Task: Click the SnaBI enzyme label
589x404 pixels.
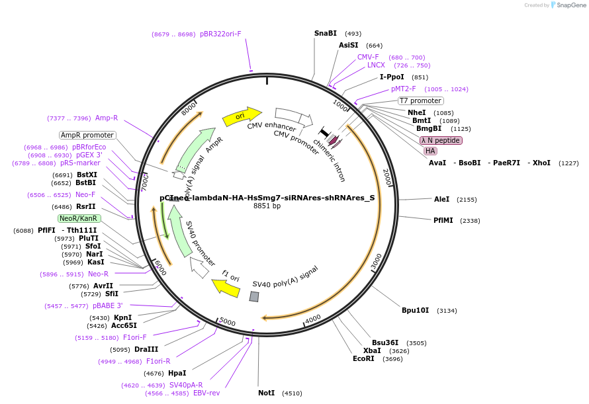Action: coord(325,33)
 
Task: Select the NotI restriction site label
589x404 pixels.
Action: coord(266,393)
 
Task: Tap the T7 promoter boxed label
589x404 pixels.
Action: coord(420,101)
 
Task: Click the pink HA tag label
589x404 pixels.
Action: coord(430,151)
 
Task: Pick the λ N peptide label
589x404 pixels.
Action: coord(441,140)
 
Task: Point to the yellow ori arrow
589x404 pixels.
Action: coord(243,116)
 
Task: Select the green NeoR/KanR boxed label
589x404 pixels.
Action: coord(79,218)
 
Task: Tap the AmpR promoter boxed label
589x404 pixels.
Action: coord(87,135)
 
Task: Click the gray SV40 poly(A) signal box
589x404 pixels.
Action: coord(254,297)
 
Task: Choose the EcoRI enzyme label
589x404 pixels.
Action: coord(363,358)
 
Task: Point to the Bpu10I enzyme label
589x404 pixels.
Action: coord(415,310)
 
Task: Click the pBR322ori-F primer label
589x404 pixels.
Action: coord(220,34)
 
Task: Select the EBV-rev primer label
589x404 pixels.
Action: coord(206,393)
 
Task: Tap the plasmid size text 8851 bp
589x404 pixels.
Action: coord(267,206)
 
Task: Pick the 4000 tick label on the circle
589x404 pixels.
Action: coord(312,317)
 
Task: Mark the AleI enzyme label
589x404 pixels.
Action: coord(441,199)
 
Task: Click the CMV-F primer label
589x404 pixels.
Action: coord(368,57)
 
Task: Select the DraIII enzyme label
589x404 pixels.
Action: coord(146,349)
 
